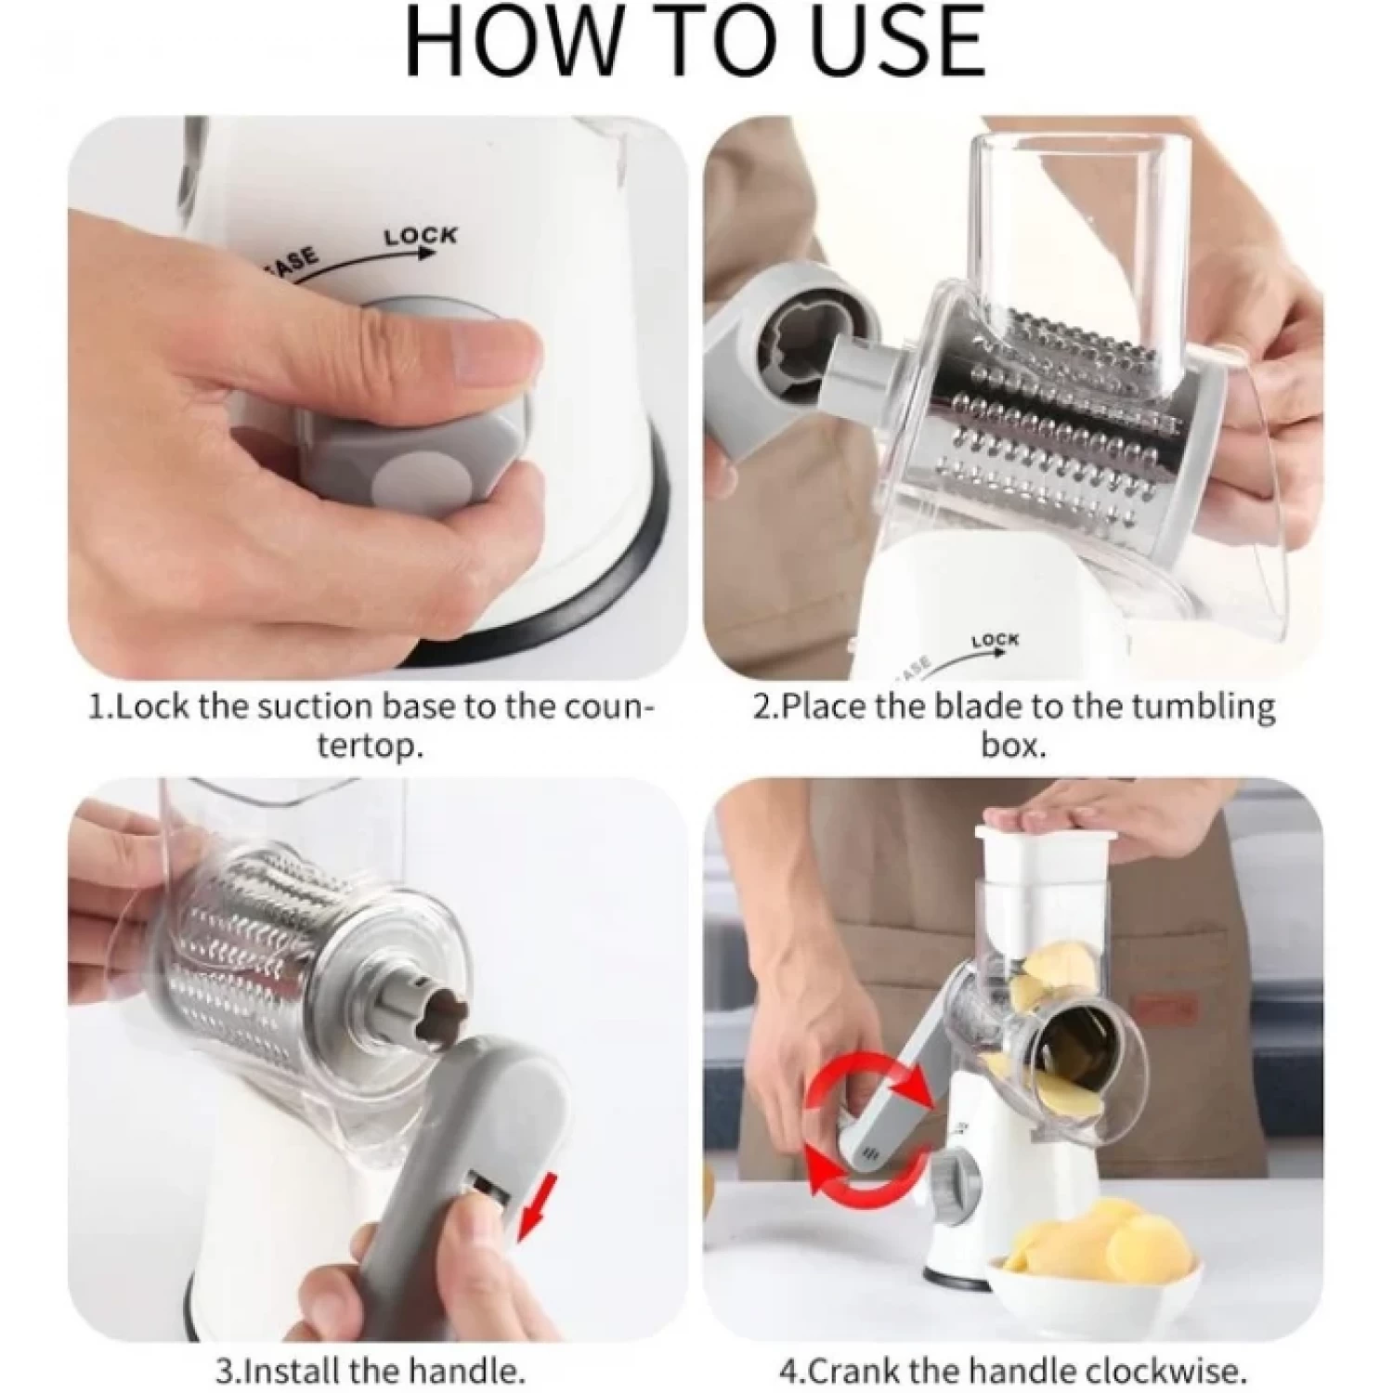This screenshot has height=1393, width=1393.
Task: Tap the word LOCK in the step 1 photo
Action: coord(421,236)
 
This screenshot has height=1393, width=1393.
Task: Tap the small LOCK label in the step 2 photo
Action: coord(995,641)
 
